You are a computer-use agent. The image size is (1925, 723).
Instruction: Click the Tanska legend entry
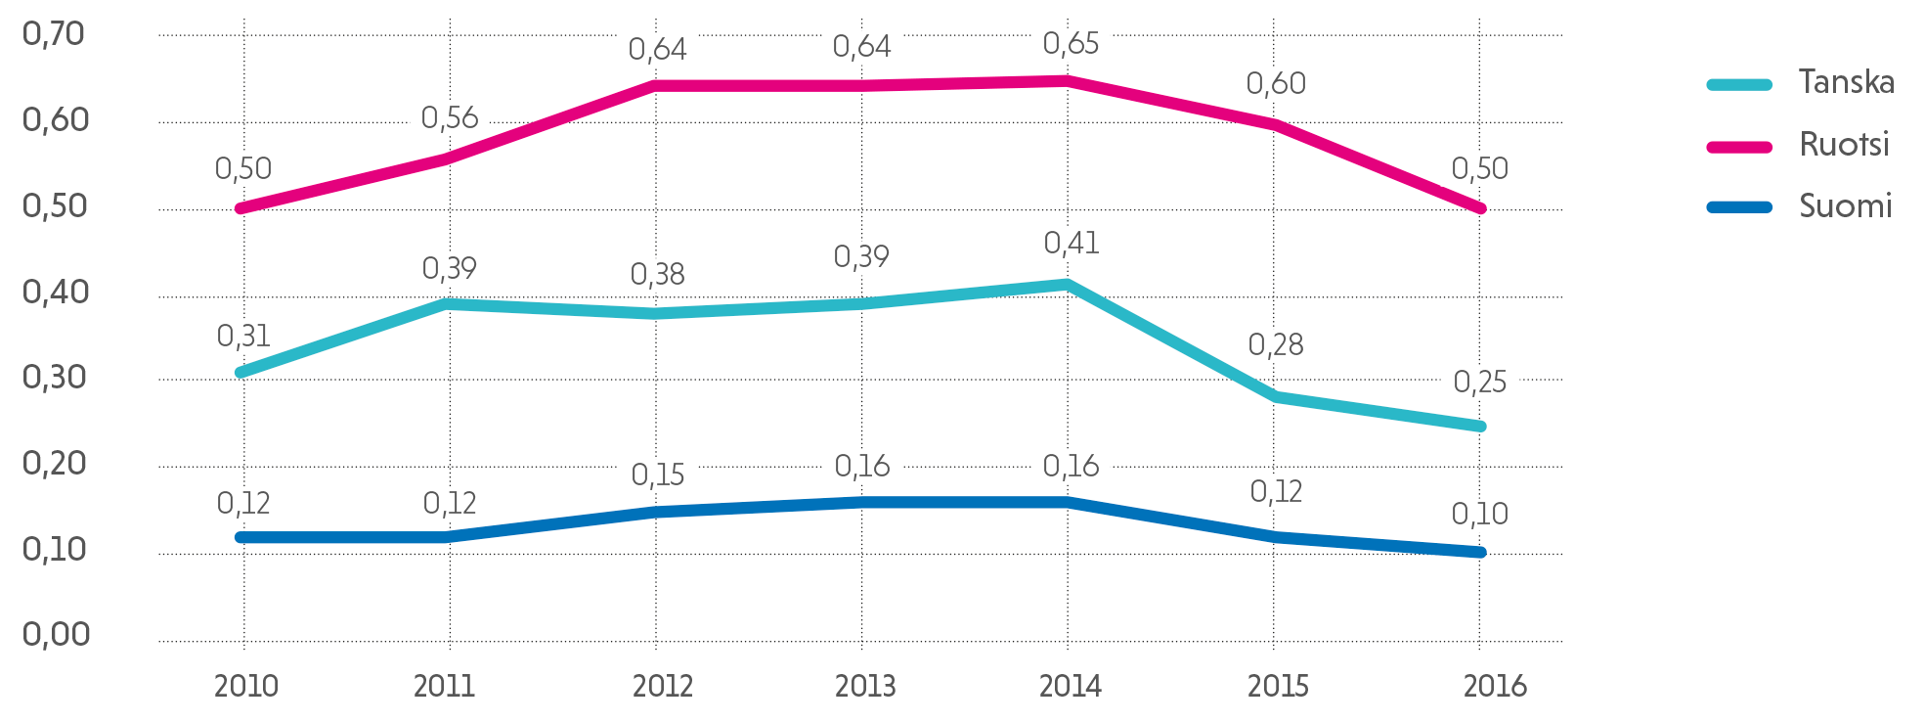[x=1846, y=82]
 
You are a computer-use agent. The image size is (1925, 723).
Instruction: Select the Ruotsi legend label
[x=1844, y=145]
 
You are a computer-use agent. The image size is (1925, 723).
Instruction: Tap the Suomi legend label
[x=1845, y=206]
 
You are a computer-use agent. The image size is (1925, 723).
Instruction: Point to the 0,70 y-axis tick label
[x=54, y=34]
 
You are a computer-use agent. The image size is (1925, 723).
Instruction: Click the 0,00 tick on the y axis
[x=56, y=635]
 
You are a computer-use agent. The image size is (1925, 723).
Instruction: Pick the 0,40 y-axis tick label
[x=56, y=293]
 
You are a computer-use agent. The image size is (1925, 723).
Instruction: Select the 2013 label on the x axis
[x=865, y=687]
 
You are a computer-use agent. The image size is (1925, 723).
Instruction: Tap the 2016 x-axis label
[x=1495, y=687]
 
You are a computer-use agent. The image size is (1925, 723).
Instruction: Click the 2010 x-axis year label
[x=246, y=687]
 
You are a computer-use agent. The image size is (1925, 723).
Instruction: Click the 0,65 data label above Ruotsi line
[x=1071, y=44]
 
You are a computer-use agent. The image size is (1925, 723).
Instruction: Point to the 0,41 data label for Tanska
[x=1072, y=244]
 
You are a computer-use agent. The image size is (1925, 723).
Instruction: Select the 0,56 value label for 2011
[x=450, y=118]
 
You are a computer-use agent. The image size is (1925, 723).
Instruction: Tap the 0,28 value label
[x=1276, y=345]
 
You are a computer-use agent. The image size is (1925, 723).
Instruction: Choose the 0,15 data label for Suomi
[x=657, y=475]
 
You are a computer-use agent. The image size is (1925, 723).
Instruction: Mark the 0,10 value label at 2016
[x=1479, y=515]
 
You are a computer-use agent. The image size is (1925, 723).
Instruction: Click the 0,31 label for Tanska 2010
[x=243, y=337]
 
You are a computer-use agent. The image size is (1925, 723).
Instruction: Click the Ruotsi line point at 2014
[x=1068, y=81]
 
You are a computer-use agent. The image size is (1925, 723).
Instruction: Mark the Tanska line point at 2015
[x=1274, y=397]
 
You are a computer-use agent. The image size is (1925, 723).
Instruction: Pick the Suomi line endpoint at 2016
[x=1480, y=553]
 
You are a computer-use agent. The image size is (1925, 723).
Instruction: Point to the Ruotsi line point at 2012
[x=656, y=86]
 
